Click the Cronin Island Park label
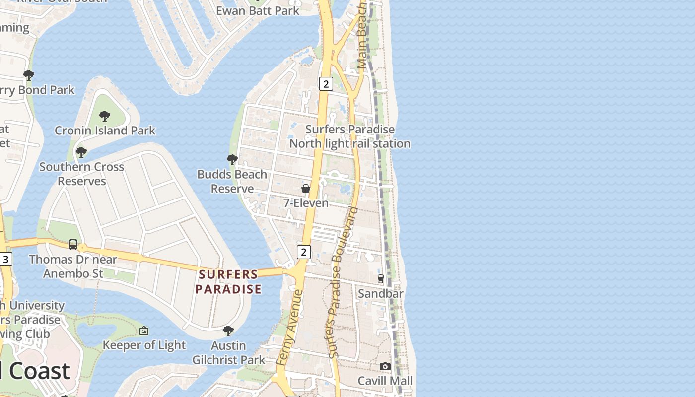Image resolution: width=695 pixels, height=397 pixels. coord(105,131)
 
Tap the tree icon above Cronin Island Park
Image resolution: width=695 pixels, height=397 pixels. coord(104,116)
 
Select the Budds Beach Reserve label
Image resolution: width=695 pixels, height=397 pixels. coord(232,181)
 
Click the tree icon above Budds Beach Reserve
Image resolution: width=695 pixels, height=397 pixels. coord(232,159)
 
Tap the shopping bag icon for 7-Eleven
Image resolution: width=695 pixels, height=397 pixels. coord(306,189)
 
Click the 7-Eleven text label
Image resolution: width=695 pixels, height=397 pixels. coord(306,203)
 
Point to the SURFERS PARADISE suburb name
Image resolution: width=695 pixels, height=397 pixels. coord(228,281)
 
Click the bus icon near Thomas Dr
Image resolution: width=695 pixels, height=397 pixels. coord(73,244)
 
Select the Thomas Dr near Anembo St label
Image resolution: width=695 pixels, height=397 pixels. coord(73,266)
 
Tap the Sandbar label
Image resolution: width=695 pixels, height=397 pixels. coord(380,293)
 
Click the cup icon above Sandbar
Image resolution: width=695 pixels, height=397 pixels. coord(381,278)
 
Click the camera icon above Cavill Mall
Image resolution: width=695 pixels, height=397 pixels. coord(385,366)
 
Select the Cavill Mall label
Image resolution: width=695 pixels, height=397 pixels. coord(385,381)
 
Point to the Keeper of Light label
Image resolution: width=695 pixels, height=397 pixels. coord(144,345)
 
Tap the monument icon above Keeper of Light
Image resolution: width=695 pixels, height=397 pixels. coord(144,330)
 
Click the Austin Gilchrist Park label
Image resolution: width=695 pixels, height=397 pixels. coord(228,352)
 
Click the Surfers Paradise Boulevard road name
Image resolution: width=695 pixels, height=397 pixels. coord(343,283)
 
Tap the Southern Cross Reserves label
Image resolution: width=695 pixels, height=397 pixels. coord(81,174)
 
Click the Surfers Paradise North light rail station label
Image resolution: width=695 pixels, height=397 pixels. coord(349,136)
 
